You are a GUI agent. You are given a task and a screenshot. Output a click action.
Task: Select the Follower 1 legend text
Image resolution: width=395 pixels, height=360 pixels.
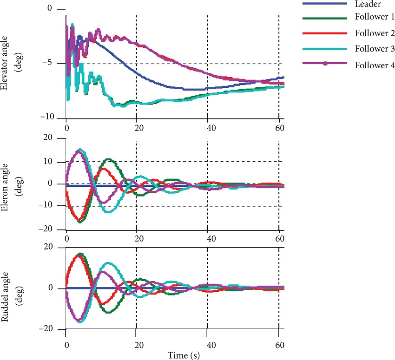click(x=375, y=18)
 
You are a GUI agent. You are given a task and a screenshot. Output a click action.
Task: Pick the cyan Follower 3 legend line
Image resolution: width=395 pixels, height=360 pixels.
click(x=324, y=48)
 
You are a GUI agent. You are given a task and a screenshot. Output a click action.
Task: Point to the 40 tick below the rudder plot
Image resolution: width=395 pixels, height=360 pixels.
click(x=207, y=345)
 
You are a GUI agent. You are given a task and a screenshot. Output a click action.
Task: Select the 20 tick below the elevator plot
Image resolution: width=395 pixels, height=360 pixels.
click(x=136, y=128)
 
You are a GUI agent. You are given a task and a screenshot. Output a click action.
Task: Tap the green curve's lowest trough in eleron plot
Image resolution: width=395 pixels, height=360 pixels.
click(x=80, y=221)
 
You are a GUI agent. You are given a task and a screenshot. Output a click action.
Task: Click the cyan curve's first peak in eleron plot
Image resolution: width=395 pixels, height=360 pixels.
click(x=80, y=150)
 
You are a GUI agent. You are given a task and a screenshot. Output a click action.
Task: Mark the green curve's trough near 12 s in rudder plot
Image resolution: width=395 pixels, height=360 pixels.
click(x=108, y=312)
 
